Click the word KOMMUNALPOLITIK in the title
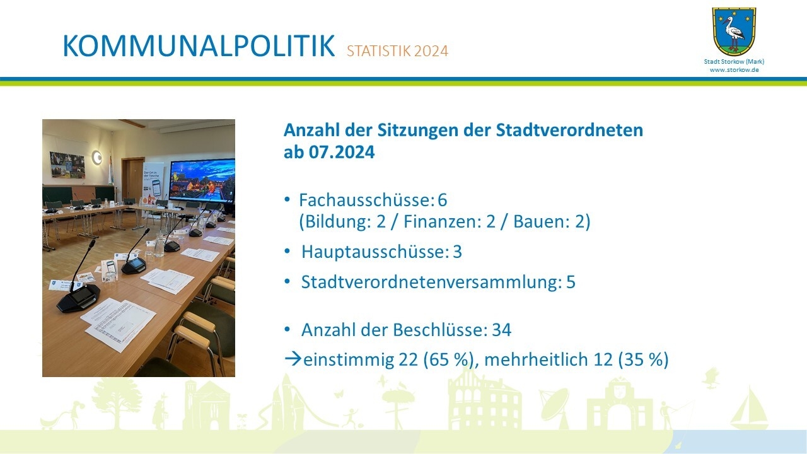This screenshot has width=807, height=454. click(199, 47)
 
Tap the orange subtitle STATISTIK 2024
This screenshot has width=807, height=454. click(397, 51)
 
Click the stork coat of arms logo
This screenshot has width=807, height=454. click(734, 32)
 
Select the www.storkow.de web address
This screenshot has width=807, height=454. click(734, 70)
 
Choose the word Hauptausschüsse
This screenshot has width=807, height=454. click(375, 252)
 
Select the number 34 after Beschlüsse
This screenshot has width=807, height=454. click(502, 330)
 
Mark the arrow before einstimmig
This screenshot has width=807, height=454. click(293, 359)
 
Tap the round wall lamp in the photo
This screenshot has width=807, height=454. click(96, 158)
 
